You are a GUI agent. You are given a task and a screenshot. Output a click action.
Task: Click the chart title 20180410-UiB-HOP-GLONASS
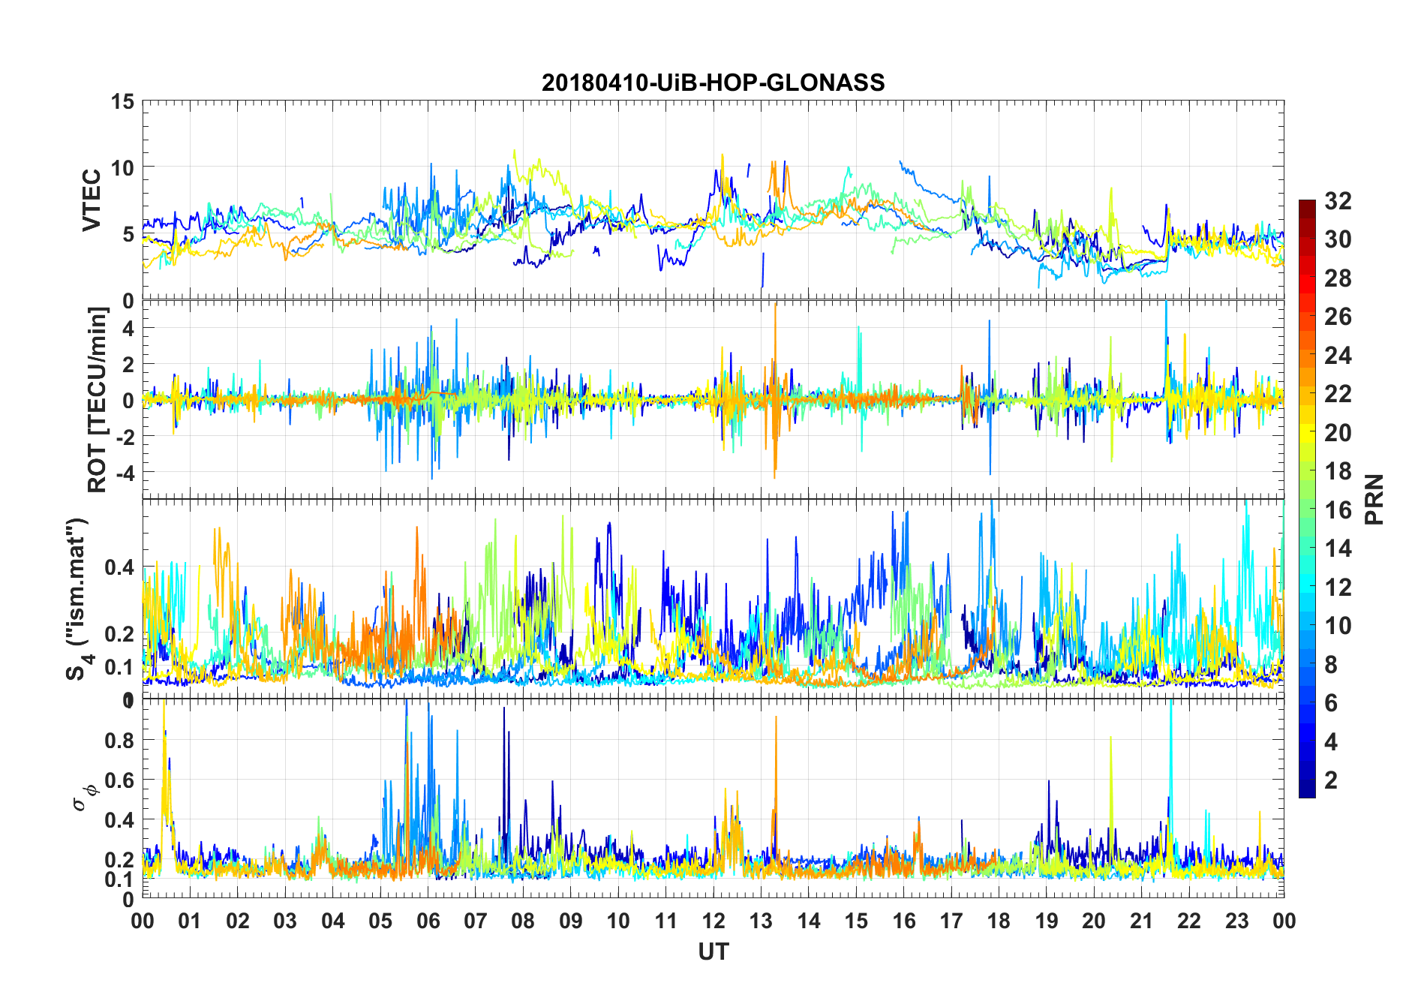pyautogui.click(x=713, y=82)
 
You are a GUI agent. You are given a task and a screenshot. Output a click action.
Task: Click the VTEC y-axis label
pyautogui.click(x=92, y=201)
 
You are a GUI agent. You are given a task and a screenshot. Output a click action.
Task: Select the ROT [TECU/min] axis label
pyautogui.click(x=98, y=399)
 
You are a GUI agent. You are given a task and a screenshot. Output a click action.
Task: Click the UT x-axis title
pyautogui.click(x=713, y=952)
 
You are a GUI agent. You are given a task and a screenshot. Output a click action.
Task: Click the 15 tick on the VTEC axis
pyautogui.click(x=122, y=101)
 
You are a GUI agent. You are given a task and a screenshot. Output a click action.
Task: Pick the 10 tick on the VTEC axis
pyautogui.click(x=122, y=167)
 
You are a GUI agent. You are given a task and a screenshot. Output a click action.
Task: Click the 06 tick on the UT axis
pyautogui.click(x=428, y=921)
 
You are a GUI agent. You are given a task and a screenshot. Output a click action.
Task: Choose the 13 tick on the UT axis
pyautogui.click(x=761, y=921)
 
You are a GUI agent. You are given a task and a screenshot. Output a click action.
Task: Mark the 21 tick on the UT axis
pyautogui.click(x=1141, y=921)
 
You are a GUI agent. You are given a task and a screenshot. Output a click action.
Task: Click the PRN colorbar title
pyautogui.click(x=1374, y=499)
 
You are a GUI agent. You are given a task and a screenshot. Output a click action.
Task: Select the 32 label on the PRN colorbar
pyautogui.click(x=1338, y=201)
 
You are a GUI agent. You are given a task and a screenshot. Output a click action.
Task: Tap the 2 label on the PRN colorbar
pyautogui.click(x=1331, y=780)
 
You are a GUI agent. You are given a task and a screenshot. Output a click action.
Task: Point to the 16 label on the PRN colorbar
pyautogui.click(x=1338, y=510)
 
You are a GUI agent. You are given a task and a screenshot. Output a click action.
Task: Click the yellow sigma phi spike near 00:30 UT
pyautogui.click(x=164, y=705)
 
